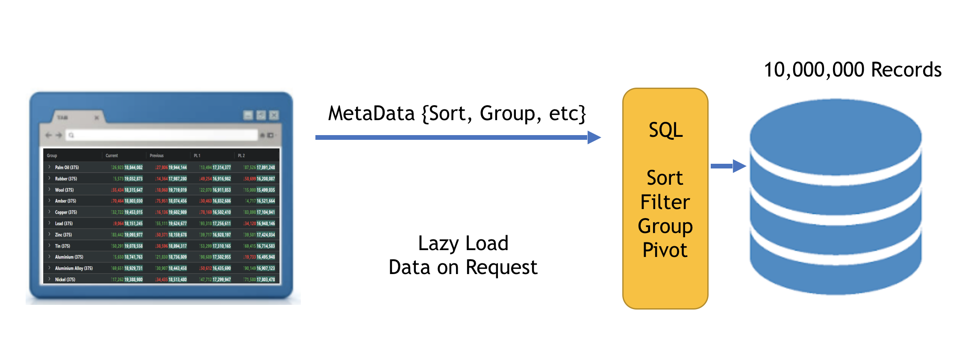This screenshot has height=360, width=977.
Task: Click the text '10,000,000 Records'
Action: point(852,70)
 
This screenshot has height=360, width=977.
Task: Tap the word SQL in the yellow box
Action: point(665,130)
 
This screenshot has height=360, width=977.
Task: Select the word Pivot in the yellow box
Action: point(665,250)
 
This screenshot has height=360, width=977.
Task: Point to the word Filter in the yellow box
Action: point(665,202)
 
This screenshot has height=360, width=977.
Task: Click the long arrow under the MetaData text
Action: point(457,137)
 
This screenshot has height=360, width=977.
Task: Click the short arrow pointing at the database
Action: point(728,166)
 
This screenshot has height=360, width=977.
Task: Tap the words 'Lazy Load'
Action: point(463,243)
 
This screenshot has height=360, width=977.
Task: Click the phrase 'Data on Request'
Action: point(463,268)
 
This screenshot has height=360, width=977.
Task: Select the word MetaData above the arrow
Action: point(371,114)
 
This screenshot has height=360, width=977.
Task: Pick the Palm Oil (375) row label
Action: point(67,168)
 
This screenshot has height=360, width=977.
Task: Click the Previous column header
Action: point(156,156)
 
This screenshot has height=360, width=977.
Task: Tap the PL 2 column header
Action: point(241,156)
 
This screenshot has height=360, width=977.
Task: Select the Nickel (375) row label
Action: point(65,280)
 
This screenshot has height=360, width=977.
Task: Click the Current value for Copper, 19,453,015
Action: point(133,212)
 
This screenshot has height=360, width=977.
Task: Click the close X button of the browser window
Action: point(274,115)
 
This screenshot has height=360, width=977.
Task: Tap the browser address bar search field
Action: point(162,135)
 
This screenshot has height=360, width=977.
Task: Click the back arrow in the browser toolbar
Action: point(48,135)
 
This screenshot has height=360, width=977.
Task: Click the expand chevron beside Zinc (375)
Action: point(50,234)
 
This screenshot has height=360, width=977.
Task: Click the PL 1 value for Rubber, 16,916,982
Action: point(221,179)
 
